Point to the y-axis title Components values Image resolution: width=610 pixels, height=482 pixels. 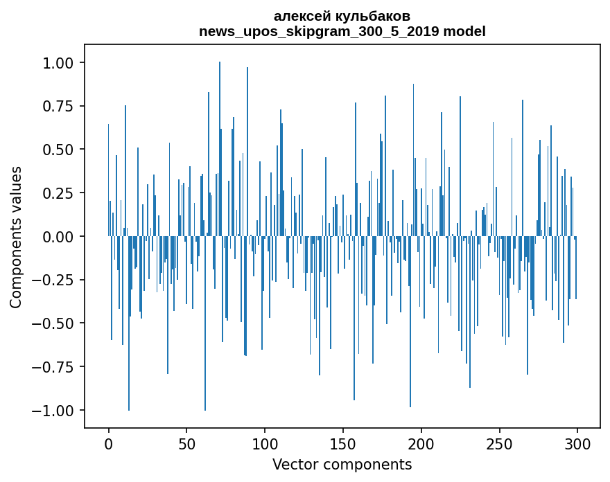[x=16, y=237]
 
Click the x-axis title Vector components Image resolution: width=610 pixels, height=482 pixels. [x=342, y=464]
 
